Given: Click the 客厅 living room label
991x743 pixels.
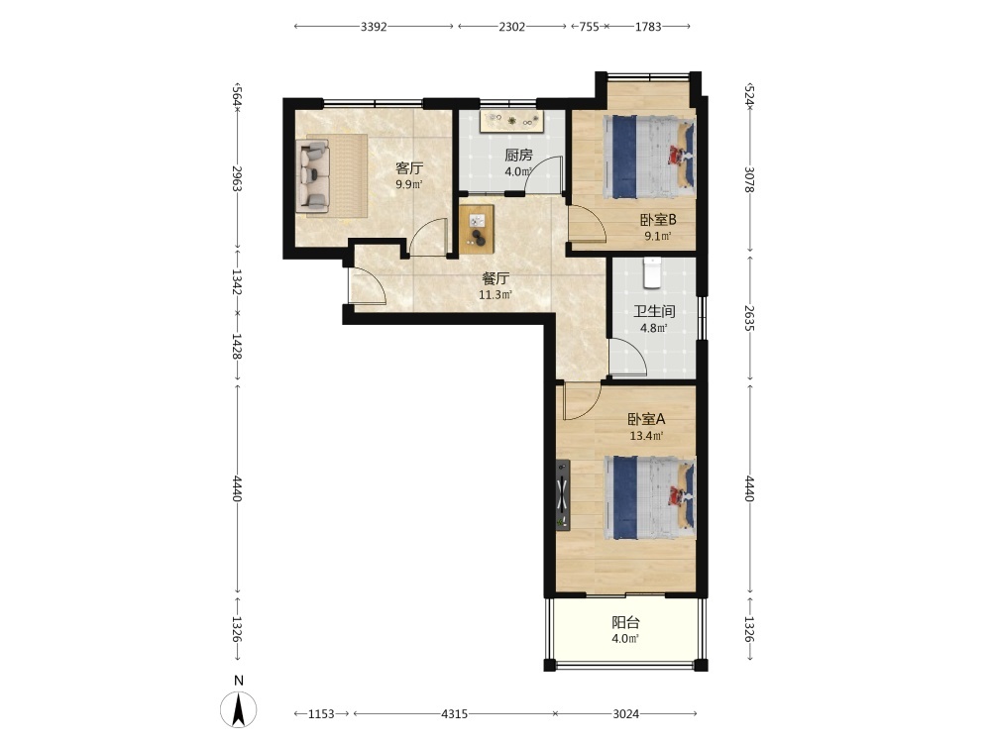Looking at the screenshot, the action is click(x=409, y=168).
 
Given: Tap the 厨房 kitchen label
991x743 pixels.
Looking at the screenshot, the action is click(x=518, y=155).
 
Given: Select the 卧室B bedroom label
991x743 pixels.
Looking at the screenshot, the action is click(x=658, y=220).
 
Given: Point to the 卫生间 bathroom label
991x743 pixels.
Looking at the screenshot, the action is click(x=654, y=311).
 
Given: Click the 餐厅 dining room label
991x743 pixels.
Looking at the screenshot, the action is click(x=495, y=278).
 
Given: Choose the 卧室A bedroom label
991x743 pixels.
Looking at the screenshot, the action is click(x=646, y=419).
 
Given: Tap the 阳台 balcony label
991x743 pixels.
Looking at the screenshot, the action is click(x=625, y=622).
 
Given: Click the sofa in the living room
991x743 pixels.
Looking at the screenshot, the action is click(x=313, y=175).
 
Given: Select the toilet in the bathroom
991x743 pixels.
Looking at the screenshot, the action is click(x=652, y=271).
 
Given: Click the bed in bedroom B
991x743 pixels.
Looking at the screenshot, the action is click(x=650, y=157).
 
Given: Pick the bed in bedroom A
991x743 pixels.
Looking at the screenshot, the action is click(x=650, y=498).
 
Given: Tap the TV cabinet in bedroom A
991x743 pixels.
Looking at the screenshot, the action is click(x=563, y=495).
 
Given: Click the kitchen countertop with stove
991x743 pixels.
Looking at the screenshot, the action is click(x=512, y=122).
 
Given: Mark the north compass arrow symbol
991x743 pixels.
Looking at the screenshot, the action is click(x=238, y=709).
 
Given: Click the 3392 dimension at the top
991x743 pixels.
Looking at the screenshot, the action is click(x=374, y=27).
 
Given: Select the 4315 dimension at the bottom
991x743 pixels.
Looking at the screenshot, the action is click(x=455, y=714).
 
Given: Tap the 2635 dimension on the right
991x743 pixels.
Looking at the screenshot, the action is click(x=749, y=318).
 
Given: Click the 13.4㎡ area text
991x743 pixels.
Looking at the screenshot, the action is click(x=646, y=436).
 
